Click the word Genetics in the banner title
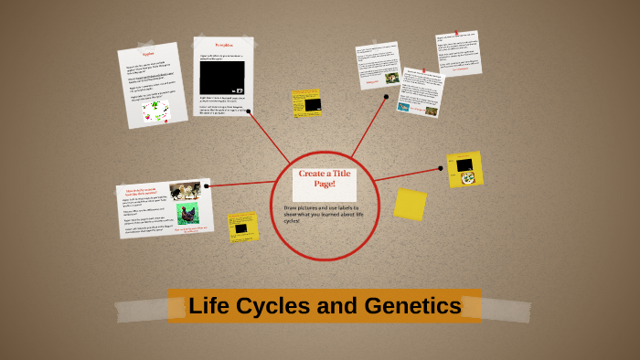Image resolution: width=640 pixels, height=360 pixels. click(412, 306)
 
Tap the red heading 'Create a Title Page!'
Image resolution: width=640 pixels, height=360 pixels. click(324, 178)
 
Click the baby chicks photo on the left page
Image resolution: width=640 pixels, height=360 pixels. click(185, 190)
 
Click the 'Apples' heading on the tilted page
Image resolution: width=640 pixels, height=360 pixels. click(148, 54)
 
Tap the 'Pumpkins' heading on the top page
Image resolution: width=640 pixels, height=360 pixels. click(223, 45)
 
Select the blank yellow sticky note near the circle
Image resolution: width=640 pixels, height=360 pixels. click(410, 204)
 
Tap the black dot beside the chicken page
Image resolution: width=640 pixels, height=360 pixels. click(208, 185)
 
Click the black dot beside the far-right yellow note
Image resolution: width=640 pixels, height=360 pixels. click(441, 168)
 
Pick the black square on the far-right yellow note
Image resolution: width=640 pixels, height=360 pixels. click(464, 164)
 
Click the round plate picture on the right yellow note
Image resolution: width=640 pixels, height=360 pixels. click(468, 178)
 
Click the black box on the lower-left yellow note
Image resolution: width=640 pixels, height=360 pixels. click(241, 228)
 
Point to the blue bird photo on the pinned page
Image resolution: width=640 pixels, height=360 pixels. click(404, 107)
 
